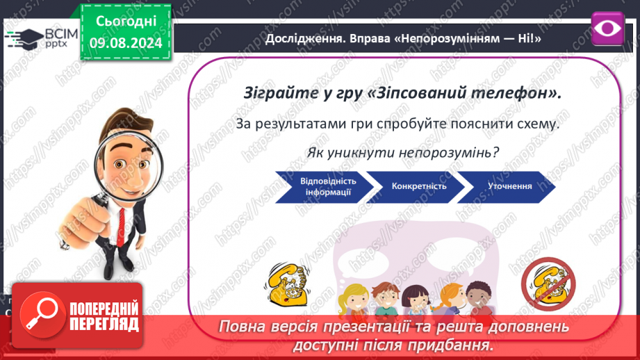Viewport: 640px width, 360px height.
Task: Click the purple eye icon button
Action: coord(607,28)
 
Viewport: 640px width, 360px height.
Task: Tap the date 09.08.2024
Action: coord(126,42)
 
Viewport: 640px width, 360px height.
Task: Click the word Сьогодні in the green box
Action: coord(126,22)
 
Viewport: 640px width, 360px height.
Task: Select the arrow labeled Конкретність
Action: coord(416,186)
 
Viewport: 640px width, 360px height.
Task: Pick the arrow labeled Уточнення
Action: coord(507,186)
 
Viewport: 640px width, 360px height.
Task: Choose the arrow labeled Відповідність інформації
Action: coord(325,186)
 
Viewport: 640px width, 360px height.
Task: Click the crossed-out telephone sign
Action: coord(548,284)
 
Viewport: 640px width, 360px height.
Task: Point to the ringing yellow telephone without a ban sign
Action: coord(288,284)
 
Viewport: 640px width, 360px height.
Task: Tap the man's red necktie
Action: coord(121,227)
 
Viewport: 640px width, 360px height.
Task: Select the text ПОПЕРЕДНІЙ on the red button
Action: coord(104,309)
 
